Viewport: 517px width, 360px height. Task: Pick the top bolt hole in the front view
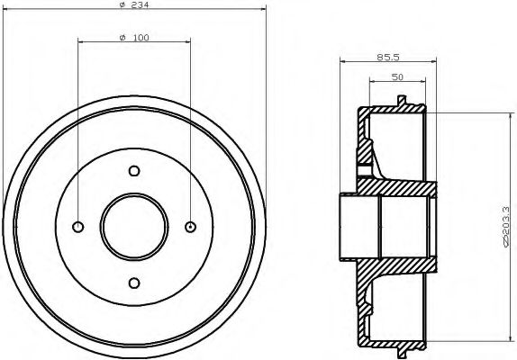pos(133,171)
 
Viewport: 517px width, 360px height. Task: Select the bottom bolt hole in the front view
pos(133,283)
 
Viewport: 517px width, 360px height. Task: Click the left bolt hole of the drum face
pos(77,226)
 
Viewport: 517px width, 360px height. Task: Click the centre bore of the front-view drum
pos(133,226)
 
